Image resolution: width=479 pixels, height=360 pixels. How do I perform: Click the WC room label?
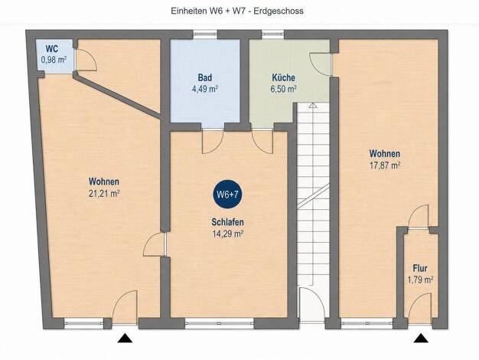tap(52, 49)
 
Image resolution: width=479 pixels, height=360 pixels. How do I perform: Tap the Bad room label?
tap(204, 77)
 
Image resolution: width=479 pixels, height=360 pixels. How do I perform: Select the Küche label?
tap(283, 77)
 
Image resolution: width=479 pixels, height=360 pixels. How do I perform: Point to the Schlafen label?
tap(227, 222)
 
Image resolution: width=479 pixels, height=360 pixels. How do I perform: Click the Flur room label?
tap(420, 268)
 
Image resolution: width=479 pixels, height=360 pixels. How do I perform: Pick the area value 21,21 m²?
tap(104, 194)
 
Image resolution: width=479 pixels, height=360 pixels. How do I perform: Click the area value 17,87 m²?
tap(385, 165)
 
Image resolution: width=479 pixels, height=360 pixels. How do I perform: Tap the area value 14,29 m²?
tap(227, 234)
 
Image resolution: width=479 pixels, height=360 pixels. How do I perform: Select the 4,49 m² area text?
tap(204, 90)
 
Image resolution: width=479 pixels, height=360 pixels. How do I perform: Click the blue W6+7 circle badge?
tap(227, 194)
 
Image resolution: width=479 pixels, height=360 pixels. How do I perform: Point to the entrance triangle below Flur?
tap(421, 338)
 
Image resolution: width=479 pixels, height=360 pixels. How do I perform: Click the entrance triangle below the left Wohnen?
tap(125, 338)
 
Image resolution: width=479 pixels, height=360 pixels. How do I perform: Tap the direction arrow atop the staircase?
tap(312, 105)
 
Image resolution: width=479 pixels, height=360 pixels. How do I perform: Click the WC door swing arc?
tap(91, 57)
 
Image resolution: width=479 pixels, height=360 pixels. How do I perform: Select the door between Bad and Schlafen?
tap(213, 141)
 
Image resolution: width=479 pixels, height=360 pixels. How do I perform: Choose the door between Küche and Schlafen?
tap(262, 141)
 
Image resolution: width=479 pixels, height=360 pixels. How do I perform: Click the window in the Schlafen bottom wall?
tap(220, 323)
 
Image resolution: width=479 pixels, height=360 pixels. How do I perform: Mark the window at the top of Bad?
tap(205, 34)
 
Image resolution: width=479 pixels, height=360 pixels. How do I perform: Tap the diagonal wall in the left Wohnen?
tap(117, 96)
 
